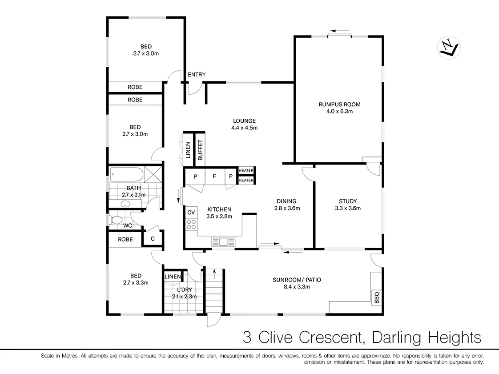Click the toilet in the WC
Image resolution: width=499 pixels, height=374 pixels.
[x=117, y=220]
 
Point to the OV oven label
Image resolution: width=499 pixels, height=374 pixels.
[x=191, y=212]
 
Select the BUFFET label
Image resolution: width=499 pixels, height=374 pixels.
[x=200, y=150]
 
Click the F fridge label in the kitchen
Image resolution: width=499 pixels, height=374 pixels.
[x=214, y=176]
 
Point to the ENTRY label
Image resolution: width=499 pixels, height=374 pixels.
[x=197, y=75]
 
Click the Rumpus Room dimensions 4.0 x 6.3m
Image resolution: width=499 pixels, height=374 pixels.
[x=339, y=112]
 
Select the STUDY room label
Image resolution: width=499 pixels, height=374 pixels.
[x=347, y=201]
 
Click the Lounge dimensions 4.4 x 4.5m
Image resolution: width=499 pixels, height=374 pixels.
[x=244, y=128]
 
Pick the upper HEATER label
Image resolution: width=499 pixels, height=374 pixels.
[x=246, y=171]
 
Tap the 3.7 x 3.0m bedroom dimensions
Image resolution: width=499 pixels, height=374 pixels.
[x=146, y=53]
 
